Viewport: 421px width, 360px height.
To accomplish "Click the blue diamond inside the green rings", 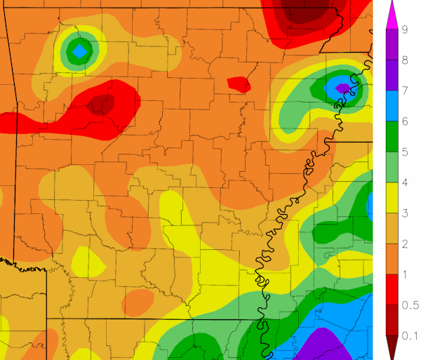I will point(80,51).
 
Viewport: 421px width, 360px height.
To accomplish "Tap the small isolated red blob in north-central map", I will point(239,84).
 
